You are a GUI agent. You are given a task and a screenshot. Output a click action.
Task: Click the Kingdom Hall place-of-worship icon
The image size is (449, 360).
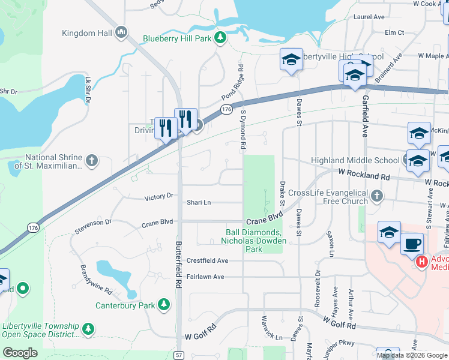click(x=121, y=31)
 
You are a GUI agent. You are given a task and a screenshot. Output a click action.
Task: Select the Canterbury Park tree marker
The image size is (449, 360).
click(x=163, y=305)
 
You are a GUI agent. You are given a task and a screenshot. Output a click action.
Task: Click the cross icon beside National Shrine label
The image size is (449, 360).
click(x=91, y=160)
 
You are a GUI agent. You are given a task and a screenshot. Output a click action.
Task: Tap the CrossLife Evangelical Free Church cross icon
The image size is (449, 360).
click(x=376, y=196)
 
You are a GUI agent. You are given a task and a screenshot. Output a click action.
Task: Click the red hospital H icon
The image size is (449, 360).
click(x=422, y=262)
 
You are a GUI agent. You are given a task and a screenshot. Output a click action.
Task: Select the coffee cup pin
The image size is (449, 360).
click(x=412, y=244)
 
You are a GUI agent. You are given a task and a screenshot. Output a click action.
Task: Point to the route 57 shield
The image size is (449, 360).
click(x=179, y=355)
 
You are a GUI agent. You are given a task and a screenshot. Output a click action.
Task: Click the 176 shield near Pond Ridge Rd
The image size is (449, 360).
click(x=226, y=109)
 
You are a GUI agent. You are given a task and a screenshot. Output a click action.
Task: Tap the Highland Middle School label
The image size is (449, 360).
click(x=355, y=160)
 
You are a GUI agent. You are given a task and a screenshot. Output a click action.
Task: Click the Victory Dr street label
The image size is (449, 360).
click(x=158, y=196)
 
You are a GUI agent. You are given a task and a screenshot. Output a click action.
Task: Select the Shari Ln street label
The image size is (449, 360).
click(x=199, y=203)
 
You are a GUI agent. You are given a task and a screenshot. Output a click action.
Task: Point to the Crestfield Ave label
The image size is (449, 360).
click(x=207, y=261)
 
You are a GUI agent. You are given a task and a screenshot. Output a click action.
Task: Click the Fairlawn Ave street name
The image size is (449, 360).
click(x=205, y=277)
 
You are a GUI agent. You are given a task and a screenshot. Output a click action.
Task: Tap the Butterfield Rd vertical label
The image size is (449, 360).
click(x=178, y=269)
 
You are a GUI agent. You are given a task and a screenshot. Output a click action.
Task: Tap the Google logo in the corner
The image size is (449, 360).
click(x=20, y=353)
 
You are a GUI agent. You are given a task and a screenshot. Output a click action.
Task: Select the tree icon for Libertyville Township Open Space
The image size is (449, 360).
click(x=88, y=329)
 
